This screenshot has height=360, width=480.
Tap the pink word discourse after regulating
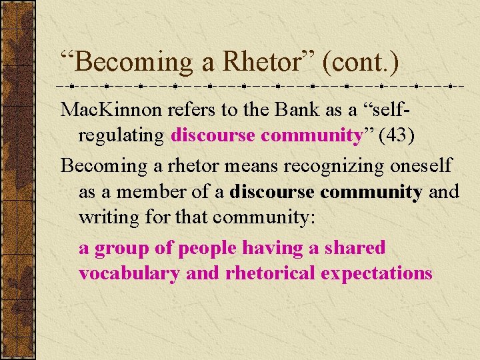click(213, 135)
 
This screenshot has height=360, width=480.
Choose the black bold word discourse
click(271, 192)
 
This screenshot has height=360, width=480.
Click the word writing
click(103, 218)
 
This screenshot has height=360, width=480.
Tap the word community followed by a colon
click(265, 218)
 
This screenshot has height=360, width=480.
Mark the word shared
click(355, 248)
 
